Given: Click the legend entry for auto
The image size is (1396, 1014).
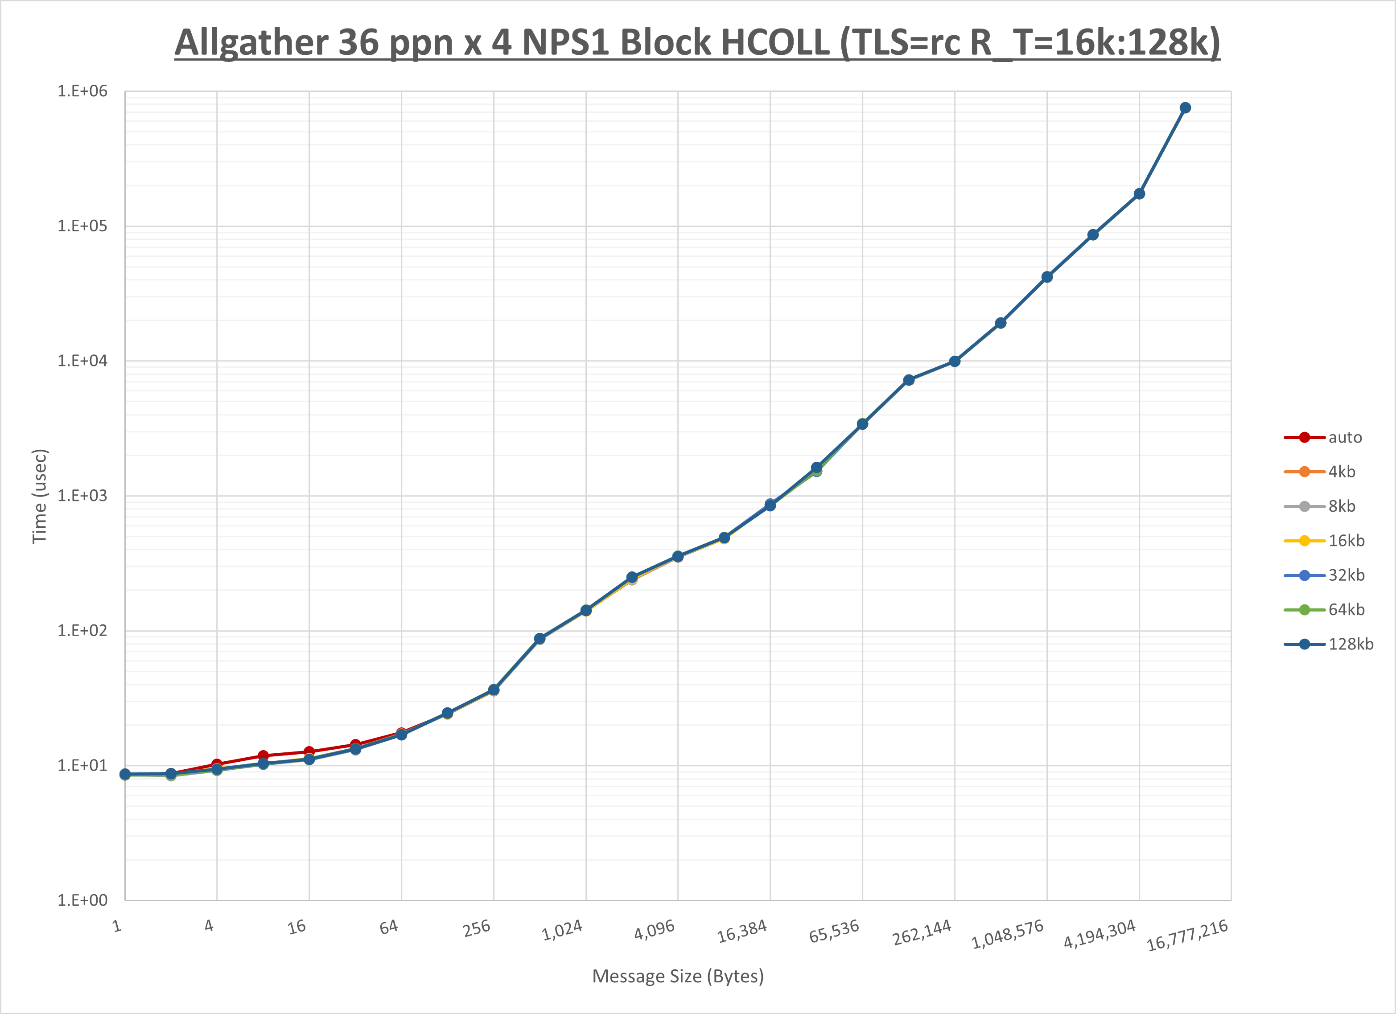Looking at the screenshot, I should click(x=1344, y=438).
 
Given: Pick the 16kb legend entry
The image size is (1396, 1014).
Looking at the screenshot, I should click(x=1346, y=541).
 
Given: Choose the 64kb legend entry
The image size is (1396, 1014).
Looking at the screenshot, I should click(x=1346, y=610).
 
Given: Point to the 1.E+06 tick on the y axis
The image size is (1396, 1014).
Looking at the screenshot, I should click(x=82, y=91).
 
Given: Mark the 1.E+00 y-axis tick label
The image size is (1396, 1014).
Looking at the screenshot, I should click(x=82, y=900).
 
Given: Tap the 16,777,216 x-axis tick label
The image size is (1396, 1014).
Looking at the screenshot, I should click(x=1187, y=935).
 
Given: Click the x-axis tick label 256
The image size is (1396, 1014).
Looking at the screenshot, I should click(x=477, y=928).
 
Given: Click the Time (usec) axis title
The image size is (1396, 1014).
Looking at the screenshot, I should click(x=39, y=496).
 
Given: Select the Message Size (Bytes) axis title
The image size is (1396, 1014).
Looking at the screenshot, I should click(x=678, y=977).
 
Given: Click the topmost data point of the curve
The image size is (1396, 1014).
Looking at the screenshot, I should click(x=1185, y=108).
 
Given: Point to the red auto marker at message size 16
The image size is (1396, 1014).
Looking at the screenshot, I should click(x=309, y=751).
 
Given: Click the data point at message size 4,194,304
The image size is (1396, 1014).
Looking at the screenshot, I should click(x=1139, y=194).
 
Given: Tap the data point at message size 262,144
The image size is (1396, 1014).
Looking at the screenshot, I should click(x=955, y=361).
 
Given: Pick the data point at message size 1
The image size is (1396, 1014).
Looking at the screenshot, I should click(x=125, y=774).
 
